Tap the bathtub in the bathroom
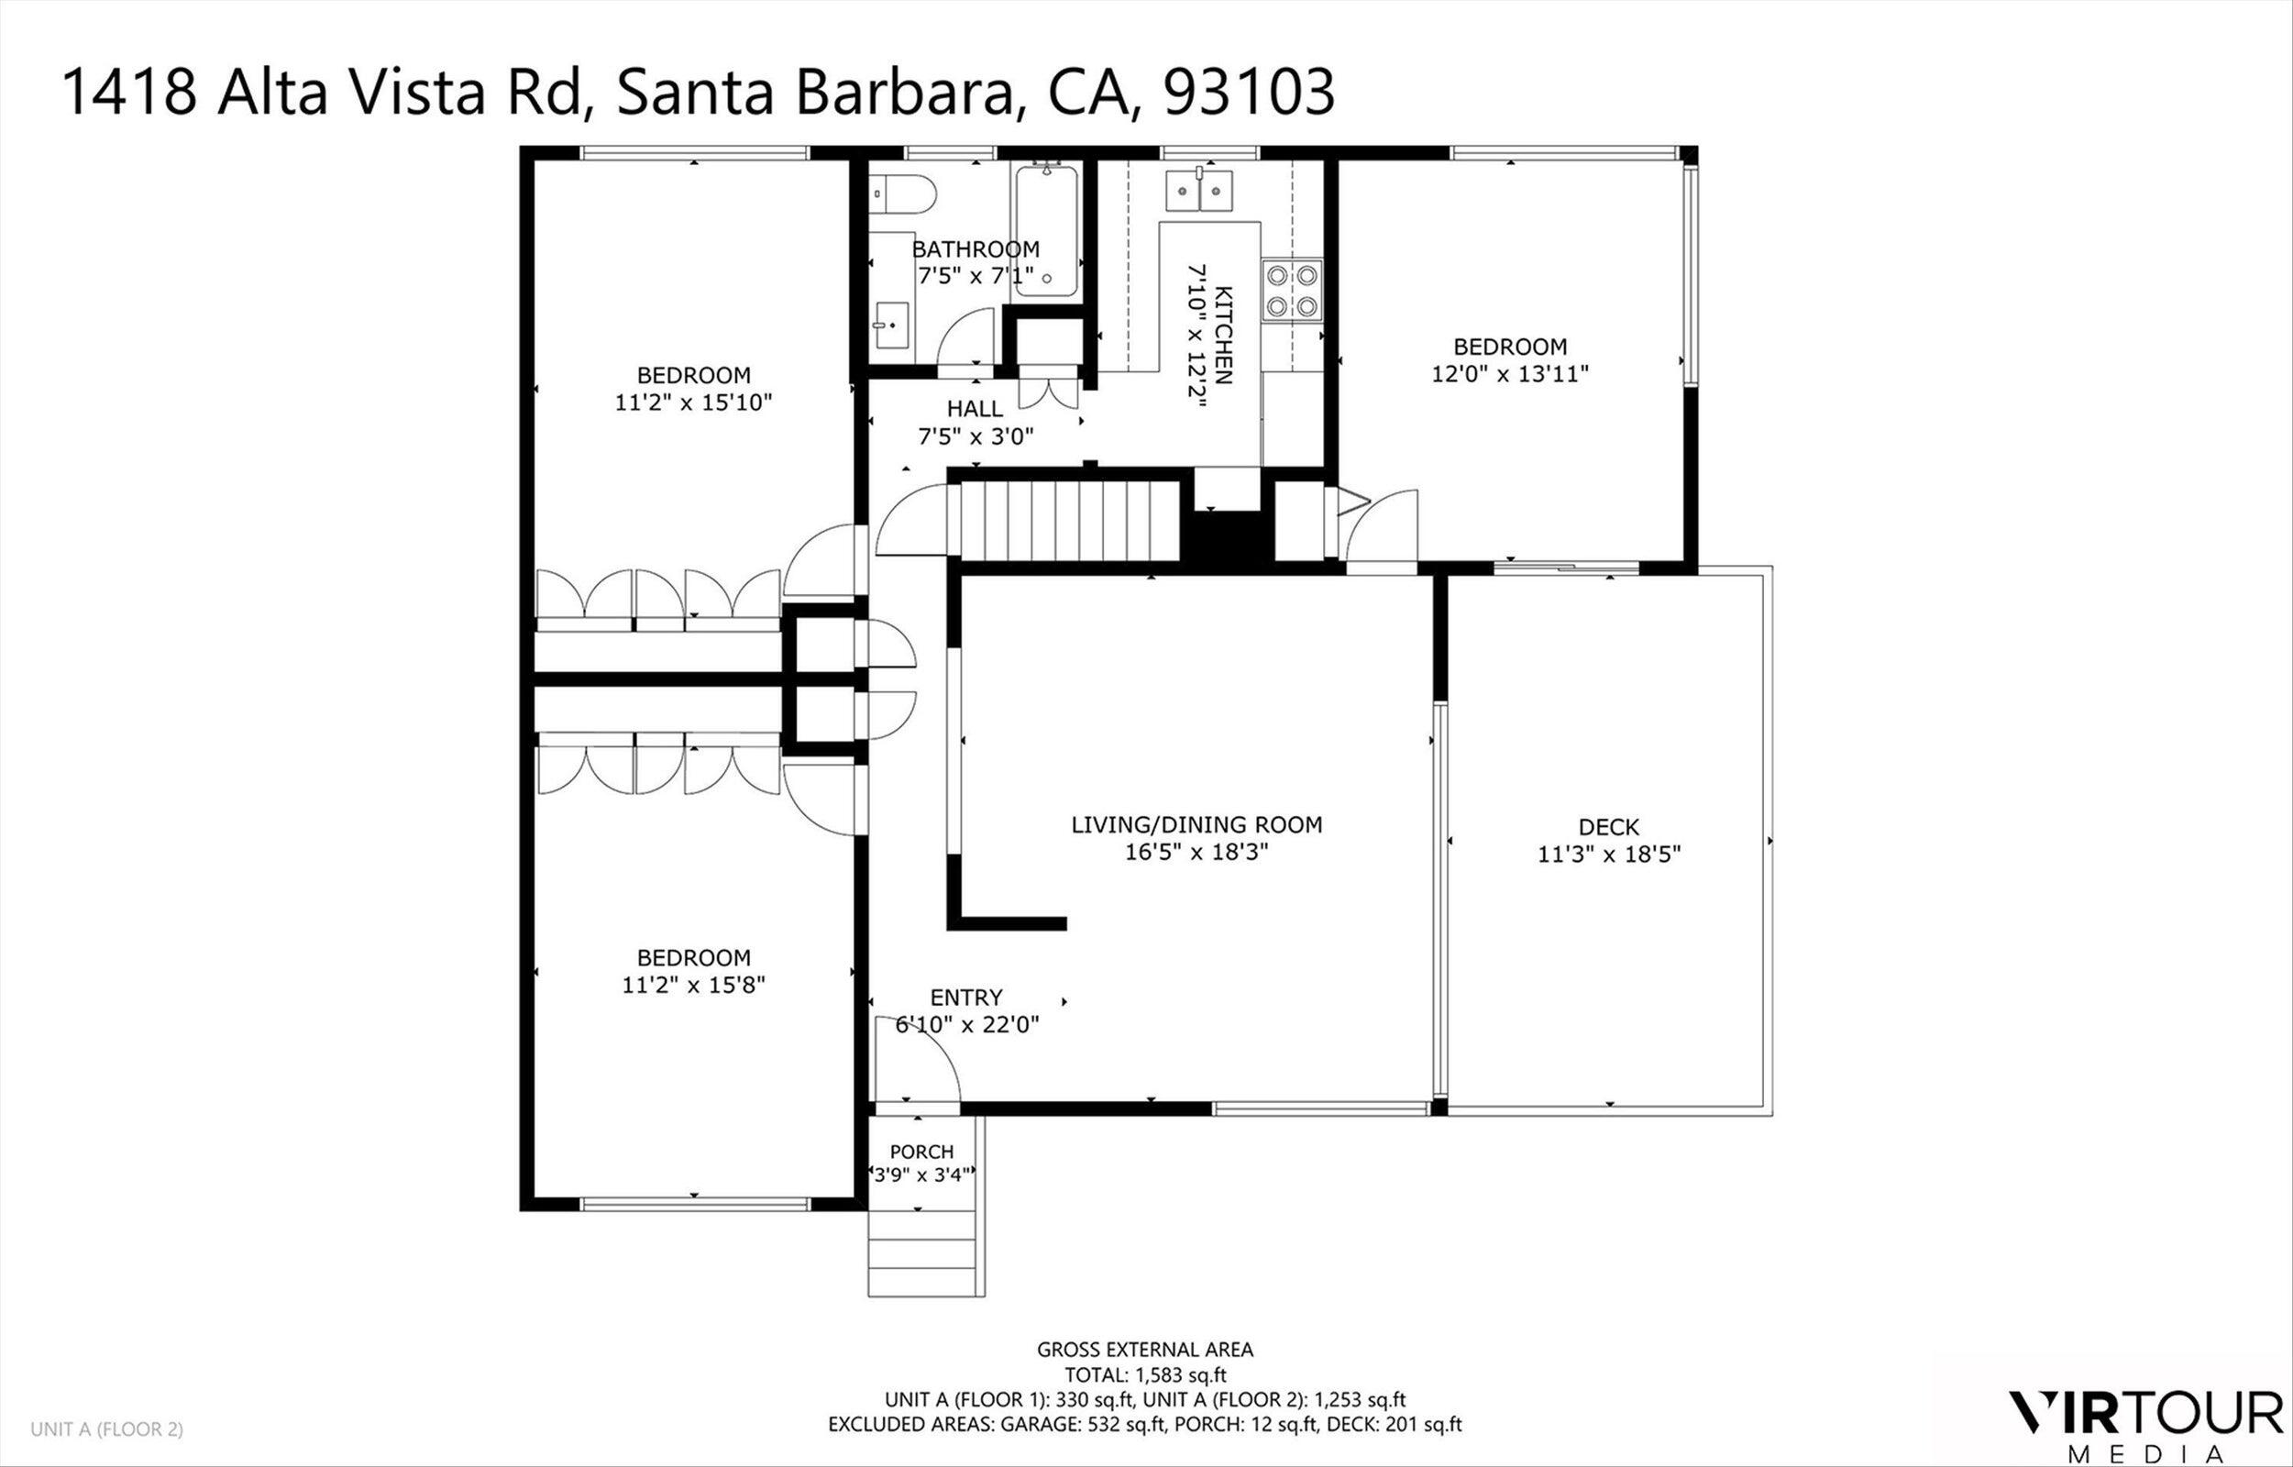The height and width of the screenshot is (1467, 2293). (1045, 231)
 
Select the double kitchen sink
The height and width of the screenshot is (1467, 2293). (1200, 191)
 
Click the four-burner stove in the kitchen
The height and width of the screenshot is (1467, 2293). (1293, 291)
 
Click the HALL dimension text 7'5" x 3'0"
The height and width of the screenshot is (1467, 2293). (976, 437)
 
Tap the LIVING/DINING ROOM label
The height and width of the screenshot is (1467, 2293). (1196, 825)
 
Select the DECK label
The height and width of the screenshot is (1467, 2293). (1609, 827)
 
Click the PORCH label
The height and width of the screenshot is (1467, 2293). (921, 1152)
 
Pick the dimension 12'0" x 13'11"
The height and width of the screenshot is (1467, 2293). (1510, 373)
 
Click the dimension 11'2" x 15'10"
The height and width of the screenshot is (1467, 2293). (693, 402)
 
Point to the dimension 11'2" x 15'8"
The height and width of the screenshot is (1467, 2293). (693, 984)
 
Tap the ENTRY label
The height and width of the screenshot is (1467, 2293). (966, 998)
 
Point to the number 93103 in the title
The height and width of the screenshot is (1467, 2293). (1249, 94)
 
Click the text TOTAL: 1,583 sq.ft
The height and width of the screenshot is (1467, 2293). (1145, 1374)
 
